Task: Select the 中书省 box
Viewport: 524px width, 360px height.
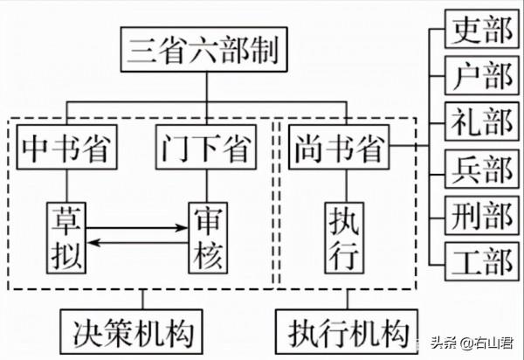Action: pyautogui.click(x=66, y=149)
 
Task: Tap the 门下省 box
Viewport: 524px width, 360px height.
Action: pyautogui.click(x=207, y=149)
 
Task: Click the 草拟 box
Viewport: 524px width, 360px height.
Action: pyautogui.click(x=66, y=235)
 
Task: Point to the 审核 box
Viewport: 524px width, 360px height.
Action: pyautogui.click(x=207, y=235)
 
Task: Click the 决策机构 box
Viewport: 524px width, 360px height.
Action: pyautogui.click(x=132, y=331)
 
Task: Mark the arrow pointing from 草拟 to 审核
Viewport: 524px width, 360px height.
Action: pyautogui.click(x=140, y=228)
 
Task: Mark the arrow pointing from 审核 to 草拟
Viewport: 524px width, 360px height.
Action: pyautogui.click(x=140, y=243)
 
